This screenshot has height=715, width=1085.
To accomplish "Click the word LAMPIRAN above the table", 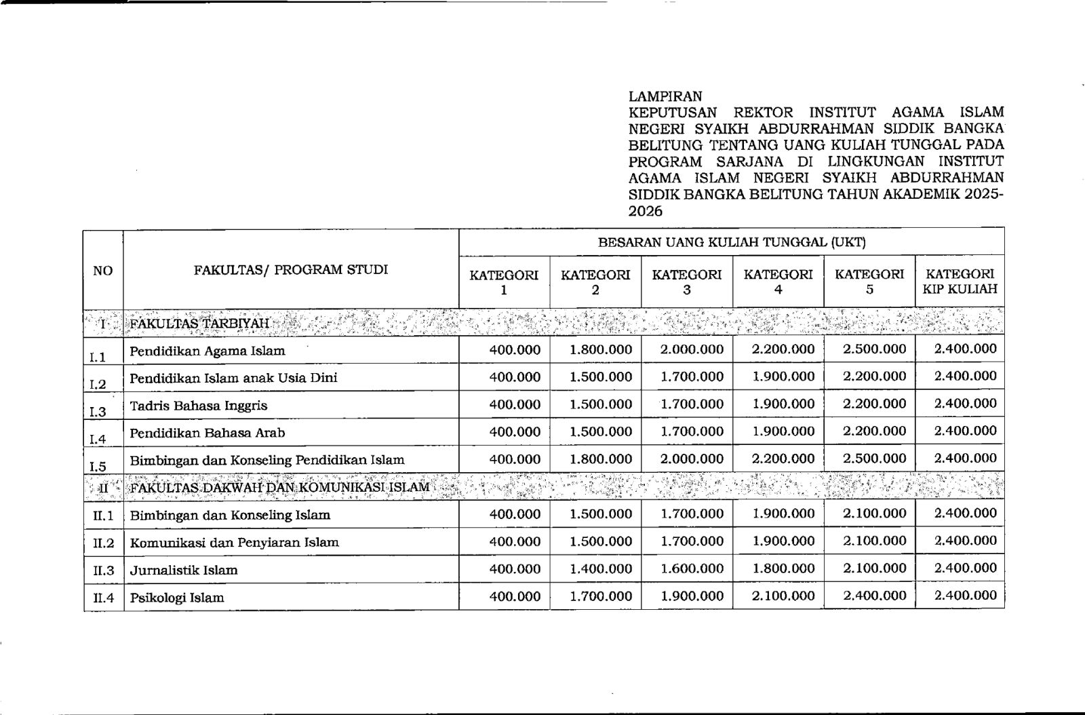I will coord(665,96).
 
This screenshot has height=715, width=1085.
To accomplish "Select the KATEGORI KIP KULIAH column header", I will coord(960,282).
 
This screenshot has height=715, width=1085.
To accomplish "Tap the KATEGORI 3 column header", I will coord(686,282).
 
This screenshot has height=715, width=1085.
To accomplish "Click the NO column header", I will coord(103,271).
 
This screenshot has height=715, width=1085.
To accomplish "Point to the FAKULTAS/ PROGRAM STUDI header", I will coord(291,270).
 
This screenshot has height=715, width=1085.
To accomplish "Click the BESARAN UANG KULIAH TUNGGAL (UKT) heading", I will coord(731,242).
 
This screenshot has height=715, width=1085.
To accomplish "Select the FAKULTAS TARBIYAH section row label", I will coord(199,324).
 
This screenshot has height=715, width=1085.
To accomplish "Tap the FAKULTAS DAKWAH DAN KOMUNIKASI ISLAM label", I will coord(279,488).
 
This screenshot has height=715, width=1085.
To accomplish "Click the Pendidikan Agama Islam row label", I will coord(208,351).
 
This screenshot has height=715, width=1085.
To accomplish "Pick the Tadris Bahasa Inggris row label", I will coord(199,406).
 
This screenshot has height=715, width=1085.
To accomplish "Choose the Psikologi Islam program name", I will coord(177,598).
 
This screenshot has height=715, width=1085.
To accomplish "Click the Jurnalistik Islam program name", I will coord(184,570).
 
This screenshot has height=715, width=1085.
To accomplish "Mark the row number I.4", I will coord(98,438).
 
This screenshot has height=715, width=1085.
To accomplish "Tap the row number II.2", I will coord(104,543).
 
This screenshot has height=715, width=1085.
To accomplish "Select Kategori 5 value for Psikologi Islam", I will coord(874,596).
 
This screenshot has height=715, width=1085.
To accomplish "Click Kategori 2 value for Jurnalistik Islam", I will coord(601,568).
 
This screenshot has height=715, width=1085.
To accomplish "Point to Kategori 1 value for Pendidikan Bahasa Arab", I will coord(515,431).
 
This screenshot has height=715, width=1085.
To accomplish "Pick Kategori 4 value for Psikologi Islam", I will coord(783,596).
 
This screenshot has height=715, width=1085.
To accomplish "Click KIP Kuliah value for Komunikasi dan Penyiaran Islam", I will coord(965,541).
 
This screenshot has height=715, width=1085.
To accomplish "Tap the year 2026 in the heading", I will coord(645,211).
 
